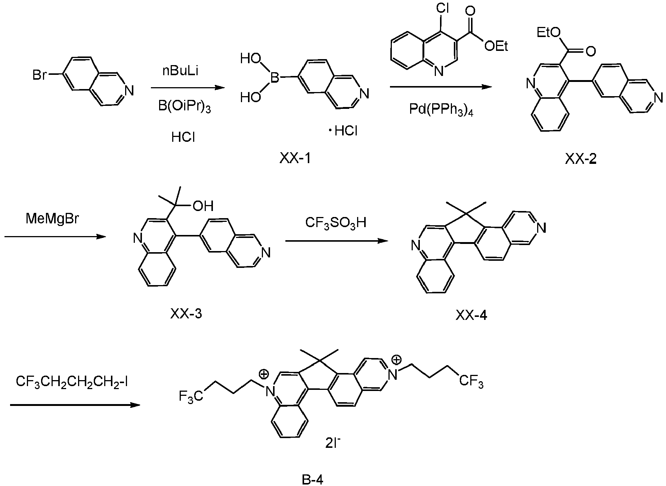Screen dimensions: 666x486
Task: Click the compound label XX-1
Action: click(x=295, y=159)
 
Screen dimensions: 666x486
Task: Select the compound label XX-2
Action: click(x=581, y=159)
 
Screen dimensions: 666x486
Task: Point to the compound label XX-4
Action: click(x=471, y=316)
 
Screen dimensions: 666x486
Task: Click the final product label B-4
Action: click(x=312, y=479)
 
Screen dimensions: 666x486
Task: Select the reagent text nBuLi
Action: click(x=180, y=71)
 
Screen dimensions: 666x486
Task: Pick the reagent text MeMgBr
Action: click(x=53, y=218)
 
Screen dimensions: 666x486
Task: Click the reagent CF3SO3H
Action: click(x=336, y=223)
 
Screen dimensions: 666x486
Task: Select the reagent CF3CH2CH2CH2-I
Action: click(x=72, y=382)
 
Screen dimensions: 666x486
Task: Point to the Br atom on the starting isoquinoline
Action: click(x=39, y=75)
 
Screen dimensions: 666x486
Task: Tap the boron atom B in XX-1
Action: click(x=275, y=78)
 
